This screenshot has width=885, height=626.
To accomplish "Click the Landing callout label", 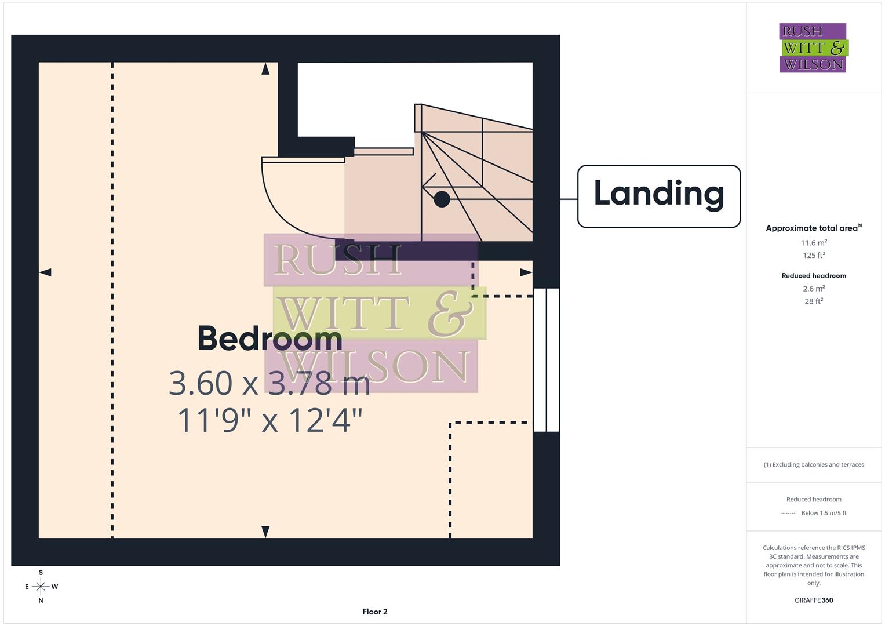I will coord(659,196).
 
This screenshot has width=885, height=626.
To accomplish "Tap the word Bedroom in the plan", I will coord(269,339).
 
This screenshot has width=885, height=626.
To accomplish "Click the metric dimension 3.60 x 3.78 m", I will coord(269,383).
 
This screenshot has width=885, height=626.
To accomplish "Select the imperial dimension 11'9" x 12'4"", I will coord(269,420).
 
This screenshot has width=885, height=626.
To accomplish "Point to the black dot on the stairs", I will coord(442,199).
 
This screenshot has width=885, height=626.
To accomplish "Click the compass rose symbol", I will coord(41,587).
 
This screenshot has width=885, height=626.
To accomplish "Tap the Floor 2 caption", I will coord(374,612).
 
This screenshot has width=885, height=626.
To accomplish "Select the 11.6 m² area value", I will coord(814,243).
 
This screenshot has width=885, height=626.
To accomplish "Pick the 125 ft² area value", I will coord(814,256).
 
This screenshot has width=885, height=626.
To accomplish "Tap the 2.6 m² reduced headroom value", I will coord(814,289).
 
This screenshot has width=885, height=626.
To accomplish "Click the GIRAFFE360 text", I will coord(814,600).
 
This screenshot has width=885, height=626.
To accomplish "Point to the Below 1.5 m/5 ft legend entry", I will coord(823,513).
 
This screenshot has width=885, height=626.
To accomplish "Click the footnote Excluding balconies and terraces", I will coord(814,465).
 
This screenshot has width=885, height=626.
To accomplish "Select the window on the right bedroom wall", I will coord(546,360).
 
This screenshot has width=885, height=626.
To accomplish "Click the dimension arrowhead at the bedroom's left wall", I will coord(45,272).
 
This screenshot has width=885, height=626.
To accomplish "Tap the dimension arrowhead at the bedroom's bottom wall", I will coord(265,531).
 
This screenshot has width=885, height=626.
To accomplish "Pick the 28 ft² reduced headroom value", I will coord(814,301).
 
